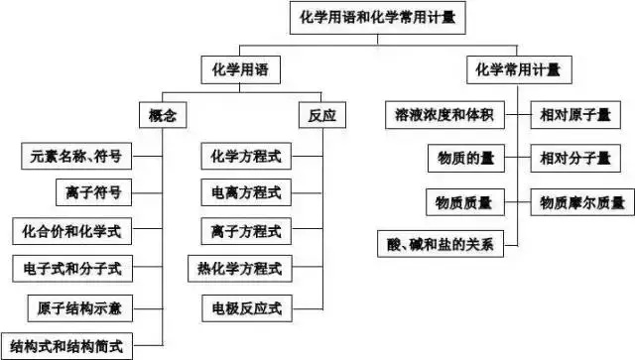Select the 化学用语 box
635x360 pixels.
point(240,70)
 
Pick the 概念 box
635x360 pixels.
point(162,116)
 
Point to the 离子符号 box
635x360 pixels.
point(92,192)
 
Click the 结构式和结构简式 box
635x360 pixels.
point(66,345)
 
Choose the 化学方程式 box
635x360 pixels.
point(246,156)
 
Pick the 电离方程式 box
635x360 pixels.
point(246,192)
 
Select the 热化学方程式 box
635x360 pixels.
point(239,269)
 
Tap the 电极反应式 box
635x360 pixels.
point(246,307)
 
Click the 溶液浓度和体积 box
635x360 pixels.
point(443,116)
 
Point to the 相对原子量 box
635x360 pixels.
point(574,116)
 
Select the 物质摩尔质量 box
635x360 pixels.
point(581,203)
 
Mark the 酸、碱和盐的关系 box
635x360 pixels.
point(443,243)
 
